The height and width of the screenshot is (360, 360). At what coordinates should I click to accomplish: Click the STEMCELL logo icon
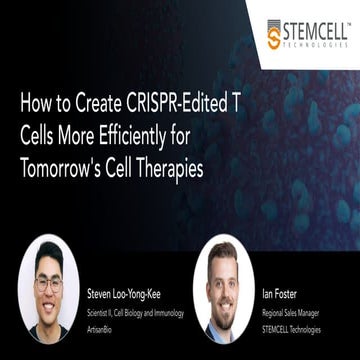point(275,34)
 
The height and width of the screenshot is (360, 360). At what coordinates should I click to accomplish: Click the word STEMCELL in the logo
point(316,29)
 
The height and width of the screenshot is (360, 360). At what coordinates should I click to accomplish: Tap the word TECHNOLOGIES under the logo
point(316,44)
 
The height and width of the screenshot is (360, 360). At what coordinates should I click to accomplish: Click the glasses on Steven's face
point(47,283)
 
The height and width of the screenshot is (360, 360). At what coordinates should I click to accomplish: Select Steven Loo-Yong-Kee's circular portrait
point(47,290)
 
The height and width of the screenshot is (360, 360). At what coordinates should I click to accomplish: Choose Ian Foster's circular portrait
point(223,290)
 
